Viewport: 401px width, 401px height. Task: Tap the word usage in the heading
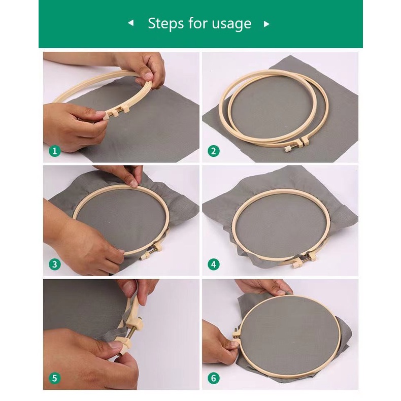[x=231, y=24]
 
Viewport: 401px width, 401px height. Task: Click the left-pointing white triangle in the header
[x=131, y=23]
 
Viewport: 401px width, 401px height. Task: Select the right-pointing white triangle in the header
[x=266, y=24]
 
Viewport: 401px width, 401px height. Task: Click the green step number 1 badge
[x=55, y=151]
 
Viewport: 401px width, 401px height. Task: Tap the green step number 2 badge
[x=214, y=151]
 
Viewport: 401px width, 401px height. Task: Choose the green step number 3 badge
[x=55, y=264]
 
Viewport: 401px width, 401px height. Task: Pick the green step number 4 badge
[x=214, y=264]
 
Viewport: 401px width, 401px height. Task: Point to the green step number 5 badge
[x=55, y=378]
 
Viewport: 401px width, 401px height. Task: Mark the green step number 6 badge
[x=214, y=378]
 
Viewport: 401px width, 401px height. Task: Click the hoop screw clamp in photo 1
[x=116, y=113]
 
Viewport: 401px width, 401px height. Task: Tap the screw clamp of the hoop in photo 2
[x=297, y=145]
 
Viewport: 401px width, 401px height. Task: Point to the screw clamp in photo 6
[x=236, y=337]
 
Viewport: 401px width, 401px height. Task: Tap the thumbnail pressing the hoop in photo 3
[x=133, y=183]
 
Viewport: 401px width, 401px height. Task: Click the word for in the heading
[x=197, y=23]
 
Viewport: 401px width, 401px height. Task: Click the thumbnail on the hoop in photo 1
[x=147, y=76]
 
